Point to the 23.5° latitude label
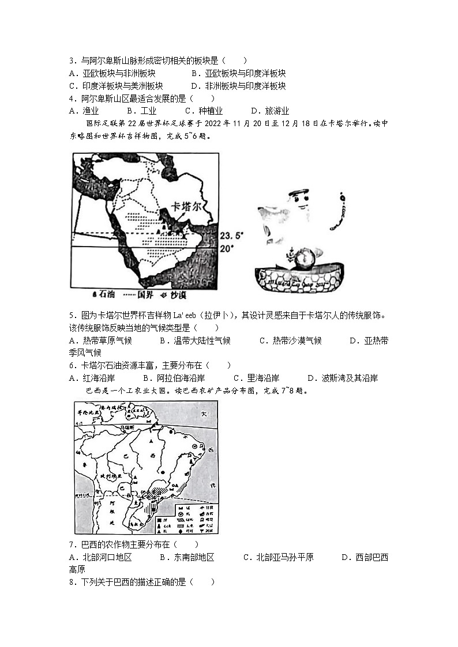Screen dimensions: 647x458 232,236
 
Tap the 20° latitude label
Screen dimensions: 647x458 228,248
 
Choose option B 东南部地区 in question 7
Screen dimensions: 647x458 187,557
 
